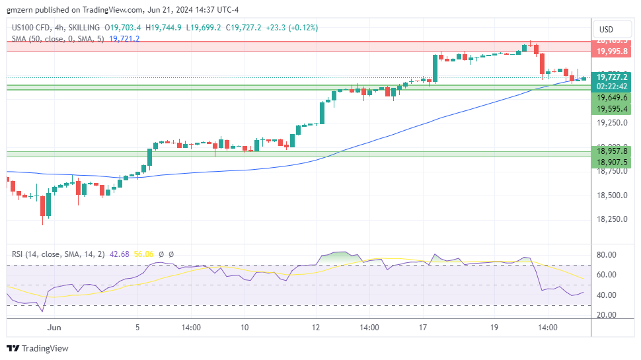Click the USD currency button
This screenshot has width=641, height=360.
point(606,29)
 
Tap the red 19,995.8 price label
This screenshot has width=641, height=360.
point(611,52)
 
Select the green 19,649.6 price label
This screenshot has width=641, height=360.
point(611,97)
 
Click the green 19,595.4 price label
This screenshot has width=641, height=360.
point(611,109)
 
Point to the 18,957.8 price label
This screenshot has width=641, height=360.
point(611,151)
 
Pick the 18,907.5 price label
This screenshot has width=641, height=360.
point(611,162)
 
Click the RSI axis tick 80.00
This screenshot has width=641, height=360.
point(607,255)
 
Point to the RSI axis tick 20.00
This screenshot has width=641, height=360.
point(607,315)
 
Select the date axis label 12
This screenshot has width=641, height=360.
point(316,328)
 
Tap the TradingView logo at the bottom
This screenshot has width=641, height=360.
point(38,348)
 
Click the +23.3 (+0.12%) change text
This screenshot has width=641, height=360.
point(290,28)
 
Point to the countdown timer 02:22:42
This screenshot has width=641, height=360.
point(611,86)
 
